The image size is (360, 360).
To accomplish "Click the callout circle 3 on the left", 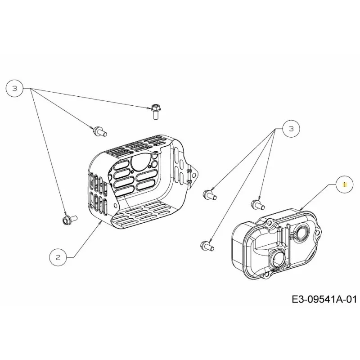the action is (x=15, y=89).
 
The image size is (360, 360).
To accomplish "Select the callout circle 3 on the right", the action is (x=291, y=129).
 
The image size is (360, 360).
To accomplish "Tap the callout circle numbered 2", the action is (x=58, y=257).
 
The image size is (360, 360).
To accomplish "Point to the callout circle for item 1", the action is (x=344, y=184).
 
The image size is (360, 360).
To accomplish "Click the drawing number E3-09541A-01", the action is (x=324, y=300).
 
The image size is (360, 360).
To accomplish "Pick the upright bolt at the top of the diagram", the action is (x=155, y=111).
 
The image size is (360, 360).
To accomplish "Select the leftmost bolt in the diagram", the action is (x=70, y=220).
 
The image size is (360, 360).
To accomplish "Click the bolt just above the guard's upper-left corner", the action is (x=99, y=131).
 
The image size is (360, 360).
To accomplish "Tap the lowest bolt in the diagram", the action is (x=207, y=246).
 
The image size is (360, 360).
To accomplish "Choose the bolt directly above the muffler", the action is (x=258, y=205).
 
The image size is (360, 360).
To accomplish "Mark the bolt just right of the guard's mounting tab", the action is (x=209, y=195).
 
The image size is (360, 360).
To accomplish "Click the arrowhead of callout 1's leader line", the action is (x=301, y=209).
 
